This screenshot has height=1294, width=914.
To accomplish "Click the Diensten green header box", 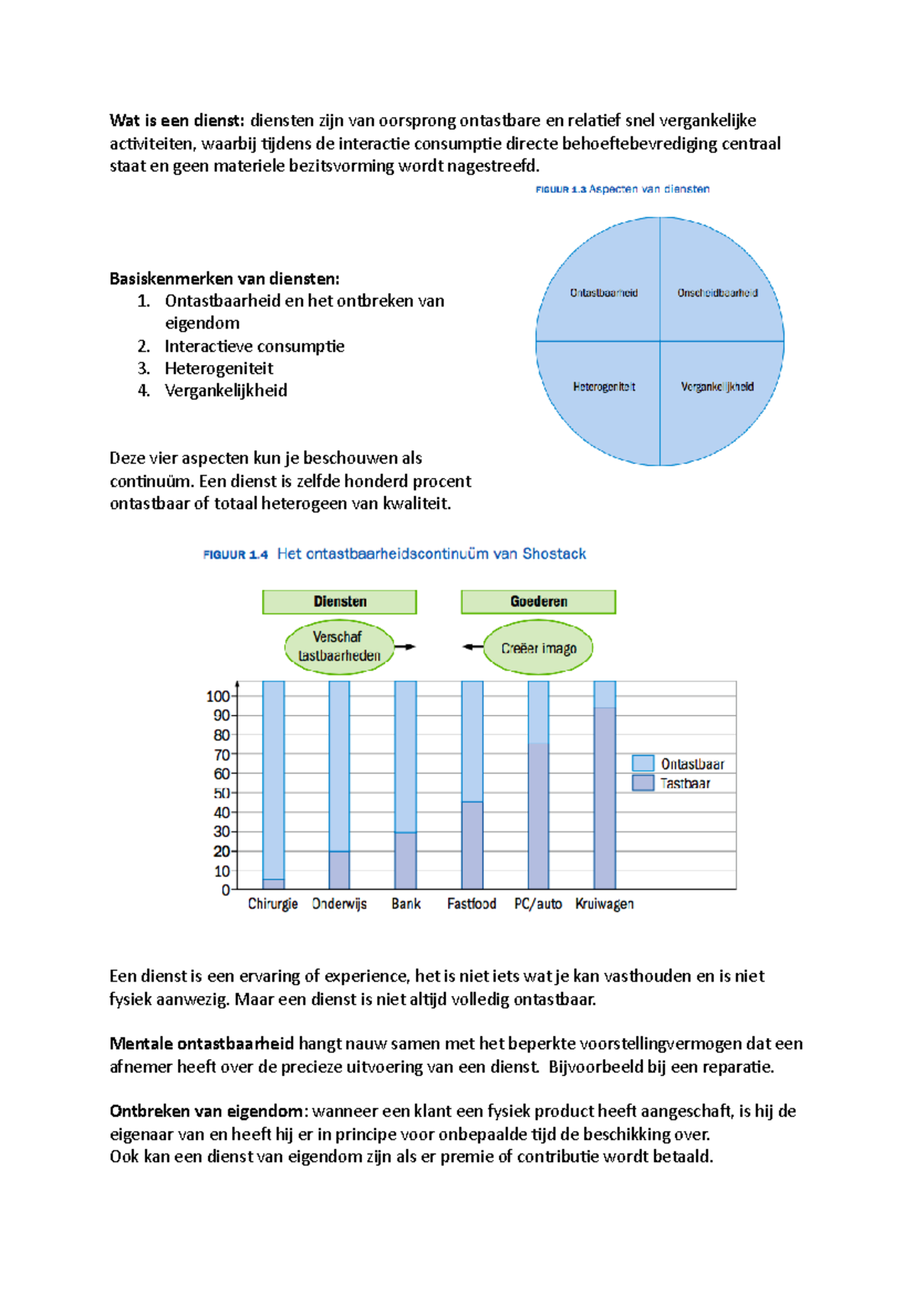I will click(x=340, y=601).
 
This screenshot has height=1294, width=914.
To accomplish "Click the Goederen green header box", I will click(x=538, y=601).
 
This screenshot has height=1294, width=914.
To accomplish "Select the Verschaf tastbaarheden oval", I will click(x=339, y=646).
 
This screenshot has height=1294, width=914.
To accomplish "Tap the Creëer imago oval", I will click(x=538, y=648).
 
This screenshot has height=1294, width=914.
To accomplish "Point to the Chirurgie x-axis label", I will click(x=273, y=904).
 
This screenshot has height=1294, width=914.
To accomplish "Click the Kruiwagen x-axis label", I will click(x=604, y=904).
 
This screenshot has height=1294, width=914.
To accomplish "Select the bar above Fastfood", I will click(x=472, y=785).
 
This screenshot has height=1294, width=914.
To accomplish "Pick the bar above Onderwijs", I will click(x=339, y=785).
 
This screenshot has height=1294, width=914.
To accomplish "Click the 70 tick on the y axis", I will click(x=222, y=754).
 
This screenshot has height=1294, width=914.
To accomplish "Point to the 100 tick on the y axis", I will click(x=218, y=696).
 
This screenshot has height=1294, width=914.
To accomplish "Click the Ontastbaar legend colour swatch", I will click(x=643, y=763).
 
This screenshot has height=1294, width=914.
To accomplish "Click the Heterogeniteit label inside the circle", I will click(x=604, y=387).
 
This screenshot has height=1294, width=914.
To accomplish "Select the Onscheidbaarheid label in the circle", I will click(x=717, y=293).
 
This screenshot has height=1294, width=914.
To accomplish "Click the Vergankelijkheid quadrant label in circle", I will click(x=717, y=387).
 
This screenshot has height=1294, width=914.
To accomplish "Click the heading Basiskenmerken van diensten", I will click(x=225, y=278).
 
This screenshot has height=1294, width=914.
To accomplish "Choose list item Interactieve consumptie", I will click(x=254, y=346).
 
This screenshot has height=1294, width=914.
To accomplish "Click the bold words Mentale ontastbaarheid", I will click(x=202, y=1043).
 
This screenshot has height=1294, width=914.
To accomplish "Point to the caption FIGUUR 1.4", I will click(x=235, y=555).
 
